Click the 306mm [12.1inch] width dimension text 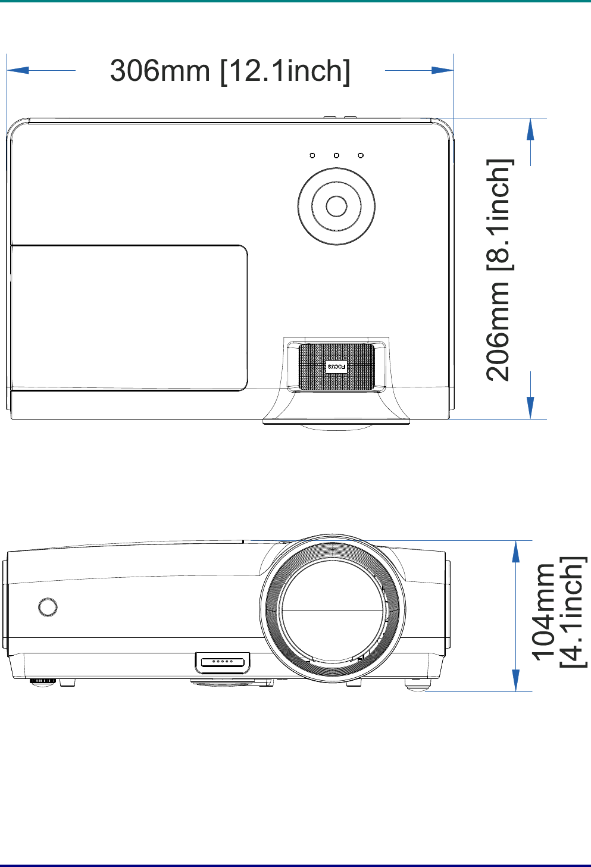point(230,71)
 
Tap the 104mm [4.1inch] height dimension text point(559,613)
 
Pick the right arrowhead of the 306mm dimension point(443,70)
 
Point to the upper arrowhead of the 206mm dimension point(530,129)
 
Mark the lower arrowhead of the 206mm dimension point(530,408)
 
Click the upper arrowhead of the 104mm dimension point(515,551)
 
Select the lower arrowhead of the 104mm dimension point(515,681)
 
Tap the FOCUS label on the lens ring point(336,367)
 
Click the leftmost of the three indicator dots point(312,156)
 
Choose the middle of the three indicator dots point(336,156)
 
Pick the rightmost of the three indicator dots point(361,156)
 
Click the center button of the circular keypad point(336,206)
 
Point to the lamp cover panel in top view point(129,317)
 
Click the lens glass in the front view point(332,610)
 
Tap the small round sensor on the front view point(48,607)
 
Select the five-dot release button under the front point(223,662)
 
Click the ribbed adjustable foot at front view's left point(43,681)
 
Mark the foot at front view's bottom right point(418,684)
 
